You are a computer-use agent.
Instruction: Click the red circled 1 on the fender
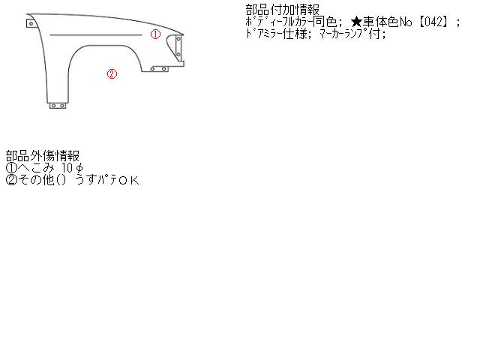tap(155, 34)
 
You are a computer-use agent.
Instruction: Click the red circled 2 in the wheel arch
tap(112, 73)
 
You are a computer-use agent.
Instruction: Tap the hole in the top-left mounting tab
tap(31, 23)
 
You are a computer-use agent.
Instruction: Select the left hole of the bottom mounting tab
tap(53, 106)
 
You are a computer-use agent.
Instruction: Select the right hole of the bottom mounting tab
tap(62, 106)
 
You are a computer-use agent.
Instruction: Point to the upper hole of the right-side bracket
tap(178, 39)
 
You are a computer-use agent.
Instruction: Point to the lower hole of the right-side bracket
tap(178, 55)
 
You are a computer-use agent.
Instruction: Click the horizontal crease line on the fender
tap(96, 35)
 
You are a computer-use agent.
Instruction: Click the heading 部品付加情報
tap(283, 10)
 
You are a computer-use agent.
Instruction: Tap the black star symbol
tap(357, 22)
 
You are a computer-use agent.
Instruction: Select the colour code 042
tap(433, 22)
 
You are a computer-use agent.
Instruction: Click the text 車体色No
tap(388, 22)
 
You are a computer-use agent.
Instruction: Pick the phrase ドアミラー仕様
tap(277, 34)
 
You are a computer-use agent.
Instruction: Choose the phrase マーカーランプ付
tap(349, 34)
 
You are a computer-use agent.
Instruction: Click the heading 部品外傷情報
tap(43, 156)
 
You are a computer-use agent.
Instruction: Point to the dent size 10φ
tap(72, 168)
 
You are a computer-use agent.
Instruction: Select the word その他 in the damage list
tap(36, 180)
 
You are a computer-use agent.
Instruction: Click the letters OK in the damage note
tap(129, 180)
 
